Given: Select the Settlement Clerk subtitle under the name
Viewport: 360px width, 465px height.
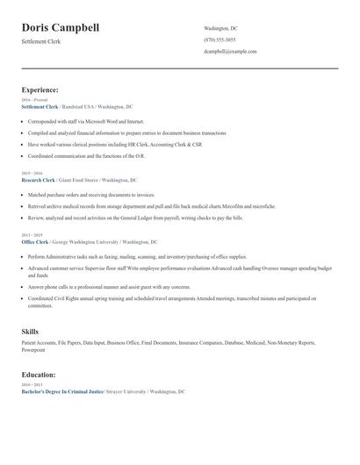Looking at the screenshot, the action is (x=42, y=41).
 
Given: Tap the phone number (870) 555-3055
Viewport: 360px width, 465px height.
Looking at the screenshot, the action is (x=220, y=40).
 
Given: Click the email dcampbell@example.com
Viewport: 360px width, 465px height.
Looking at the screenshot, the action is (x=230, y=52).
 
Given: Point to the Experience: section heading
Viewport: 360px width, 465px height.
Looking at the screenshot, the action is (x=40, y=89).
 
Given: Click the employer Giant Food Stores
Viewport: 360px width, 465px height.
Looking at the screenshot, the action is (x=80, y=180).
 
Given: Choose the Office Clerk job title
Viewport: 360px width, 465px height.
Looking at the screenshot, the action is (x=35, y=241).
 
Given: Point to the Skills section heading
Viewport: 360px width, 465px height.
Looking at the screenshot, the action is (x=30, y=331).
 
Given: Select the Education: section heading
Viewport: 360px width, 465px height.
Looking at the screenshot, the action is (x=39, y=375).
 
